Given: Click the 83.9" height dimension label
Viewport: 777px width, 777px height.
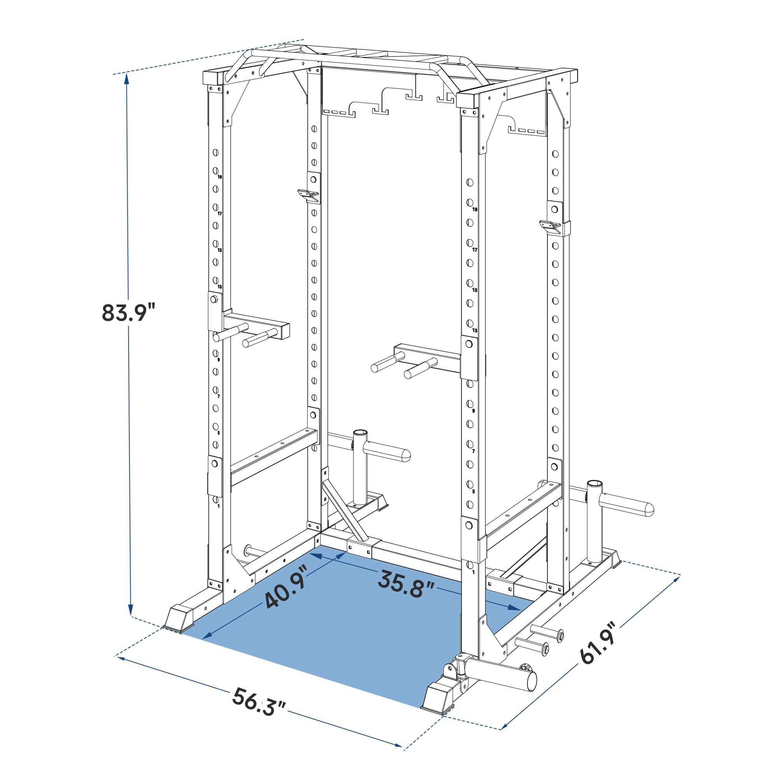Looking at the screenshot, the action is point(129,312).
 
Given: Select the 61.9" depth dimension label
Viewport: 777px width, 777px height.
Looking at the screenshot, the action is point(598,644).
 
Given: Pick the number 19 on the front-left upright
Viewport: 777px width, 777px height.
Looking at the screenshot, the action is point(220,177).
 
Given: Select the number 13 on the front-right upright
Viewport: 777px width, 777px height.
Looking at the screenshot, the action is point(475,331).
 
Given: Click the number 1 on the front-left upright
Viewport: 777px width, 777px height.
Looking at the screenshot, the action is point(218,506).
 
